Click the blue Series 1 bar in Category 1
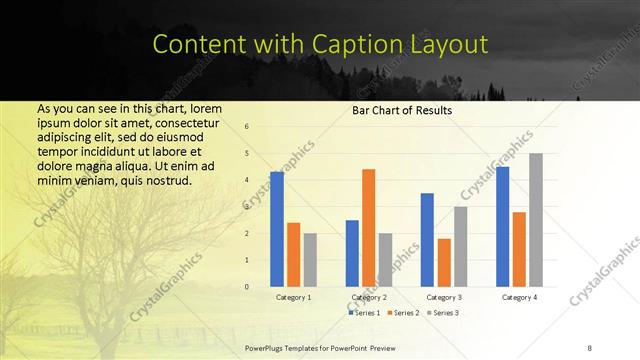pyautogui.click(x=277, y=229)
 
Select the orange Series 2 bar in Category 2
pyautogui.click(x=368, y=228)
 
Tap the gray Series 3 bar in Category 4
pyautogui.click(x=536, y=220)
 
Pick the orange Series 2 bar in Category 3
pyautogui.click(x=444, y=263)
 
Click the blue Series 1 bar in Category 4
pyautogui.click(x=503, y=226)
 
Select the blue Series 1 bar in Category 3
pyautogui.click(x=427, y=240)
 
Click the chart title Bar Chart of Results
pyautogui.click(x=402, y=110)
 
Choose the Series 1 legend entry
pyautogui.click(x=365, y=313)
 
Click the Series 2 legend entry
pyautogui.click(x=403, y=313)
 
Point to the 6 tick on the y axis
pyautogui.click(x=247, y=126)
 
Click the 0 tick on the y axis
pyautogui.click(x=247, y=287)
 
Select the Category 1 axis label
pyautogui.click(x=293, y=298)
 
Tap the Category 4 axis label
pyautogui.click(x=519, y=298)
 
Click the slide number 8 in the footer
pyautogui.click(x=590, y=347)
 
